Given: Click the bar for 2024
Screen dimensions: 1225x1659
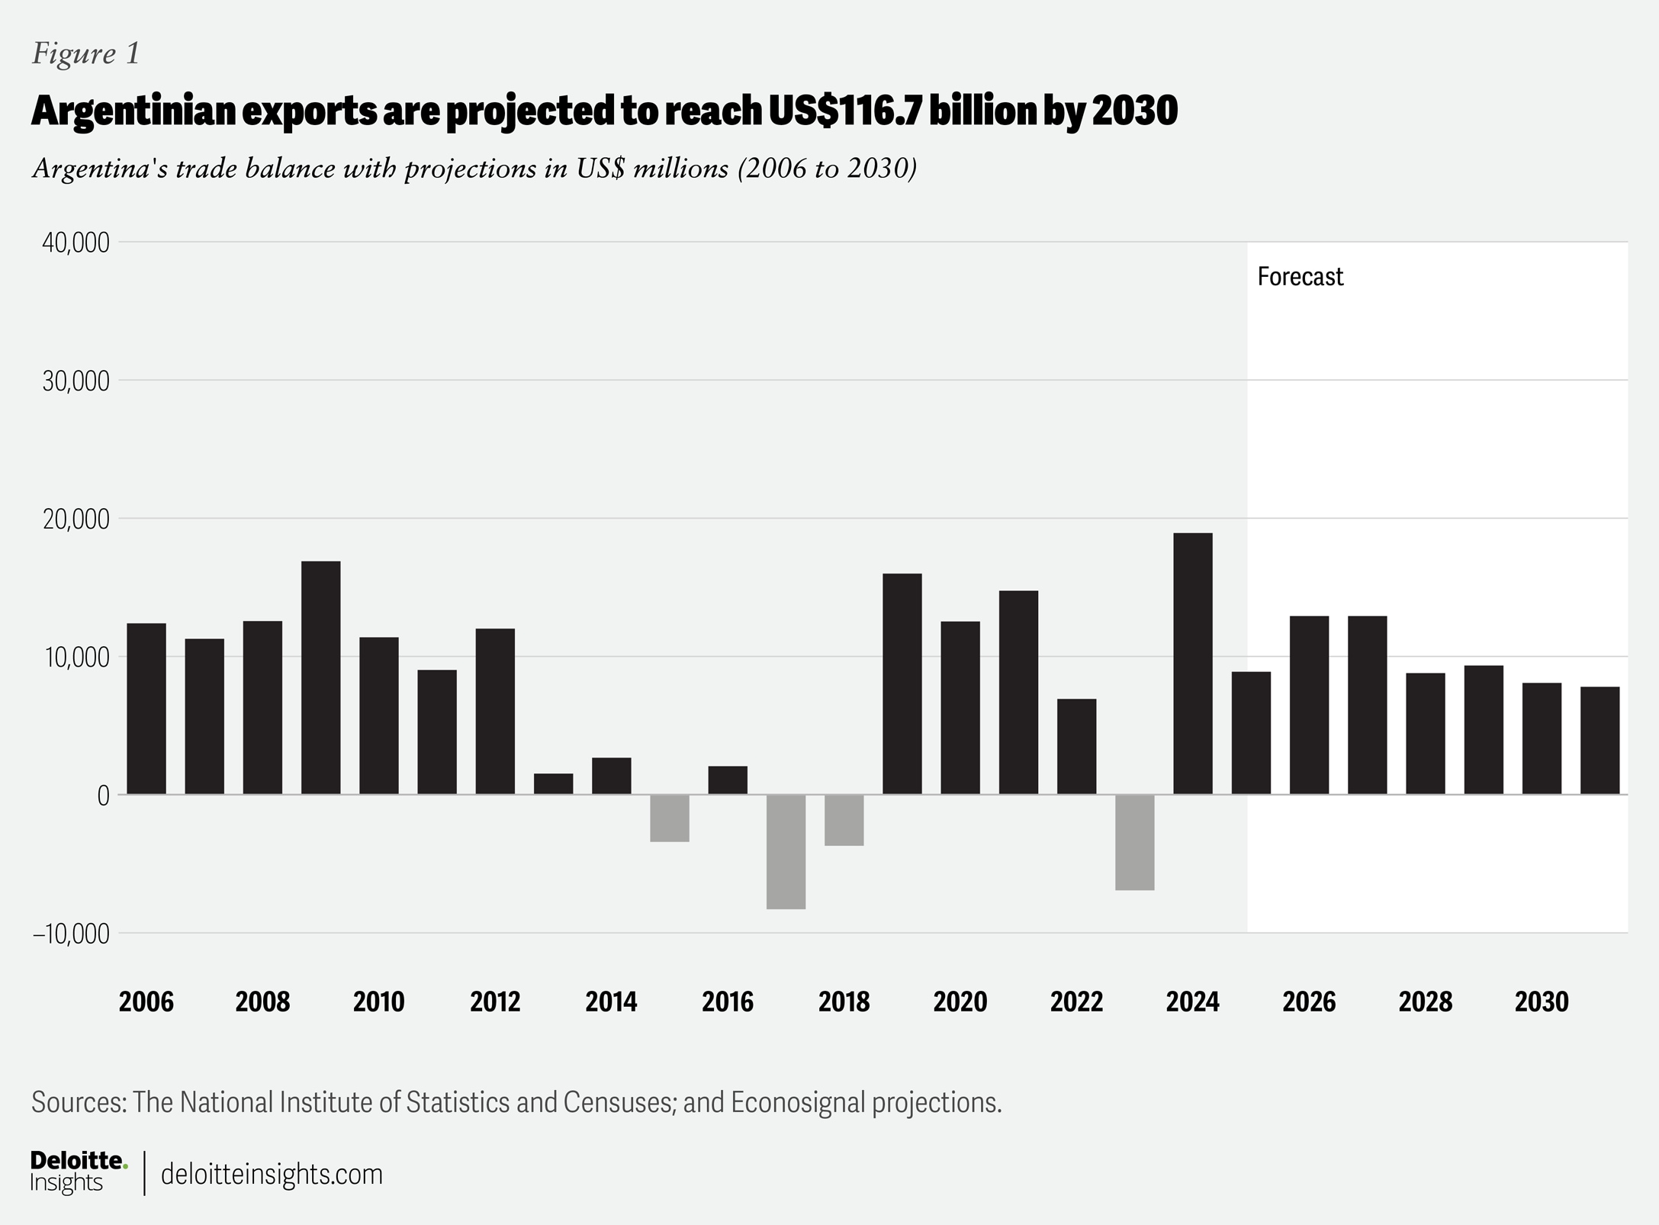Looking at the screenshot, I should point(1193,664).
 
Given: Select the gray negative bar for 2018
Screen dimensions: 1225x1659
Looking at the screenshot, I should point(844,820).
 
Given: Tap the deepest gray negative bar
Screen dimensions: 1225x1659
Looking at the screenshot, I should point(786,851).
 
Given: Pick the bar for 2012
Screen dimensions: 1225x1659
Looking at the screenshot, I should point(495,711).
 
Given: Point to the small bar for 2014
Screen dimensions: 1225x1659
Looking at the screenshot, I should point(612,776).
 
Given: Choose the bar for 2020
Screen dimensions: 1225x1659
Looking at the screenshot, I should point(960,708).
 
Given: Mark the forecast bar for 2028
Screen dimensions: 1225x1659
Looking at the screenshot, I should point(1426,733).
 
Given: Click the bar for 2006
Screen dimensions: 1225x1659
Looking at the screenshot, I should point(146,709).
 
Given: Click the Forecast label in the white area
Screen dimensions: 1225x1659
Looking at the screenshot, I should point(1300,276).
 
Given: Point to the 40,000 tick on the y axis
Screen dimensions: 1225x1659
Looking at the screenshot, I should point(76,243).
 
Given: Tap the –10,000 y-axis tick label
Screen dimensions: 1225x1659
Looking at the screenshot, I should point(71,934).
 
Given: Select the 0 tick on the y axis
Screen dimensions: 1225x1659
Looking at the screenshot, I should point(103,796).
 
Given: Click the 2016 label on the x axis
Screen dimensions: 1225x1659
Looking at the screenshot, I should point(728,1002).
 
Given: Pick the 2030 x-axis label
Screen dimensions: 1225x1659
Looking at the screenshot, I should point(1542,1002).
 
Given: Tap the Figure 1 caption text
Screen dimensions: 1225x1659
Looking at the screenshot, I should point(85,53).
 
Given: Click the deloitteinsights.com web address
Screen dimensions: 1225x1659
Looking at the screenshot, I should point(272,1174).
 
